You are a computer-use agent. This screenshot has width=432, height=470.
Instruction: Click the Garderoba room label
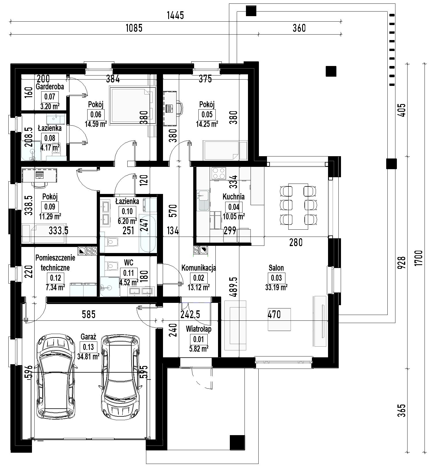[50, 86]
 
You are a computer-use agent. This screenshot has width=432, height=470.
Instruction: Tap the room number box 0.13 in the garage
[88, 347]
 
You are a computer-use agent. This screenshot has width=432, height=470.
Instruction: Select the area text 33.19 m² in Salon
[276, 287]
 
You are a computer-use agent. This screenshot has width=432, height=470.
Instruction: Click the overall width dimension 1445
[175, 16]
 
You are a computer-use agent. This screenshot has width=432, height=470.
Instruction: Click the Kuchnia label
[234, 197]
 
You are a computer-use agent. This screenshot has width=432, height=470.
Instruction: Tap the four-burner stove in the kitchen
[219, 173]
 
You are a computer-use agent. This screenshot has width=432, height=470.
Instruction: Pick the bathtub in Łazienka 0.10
[148, 233]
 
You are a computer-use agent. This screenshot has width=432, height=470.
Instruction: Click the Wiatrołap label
[199, 329]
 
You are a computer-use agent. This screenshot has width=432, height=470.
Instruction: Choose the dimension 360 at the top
[299, 28]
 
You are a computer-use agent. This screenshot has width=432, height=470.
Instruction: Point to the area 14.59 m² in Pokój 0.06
[96, 124]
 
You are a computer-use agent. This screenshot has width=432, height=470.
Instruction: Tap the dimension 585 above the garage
[88, 314]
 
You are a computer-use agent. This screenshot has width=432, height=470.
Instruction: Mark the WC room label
[129, 263]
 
